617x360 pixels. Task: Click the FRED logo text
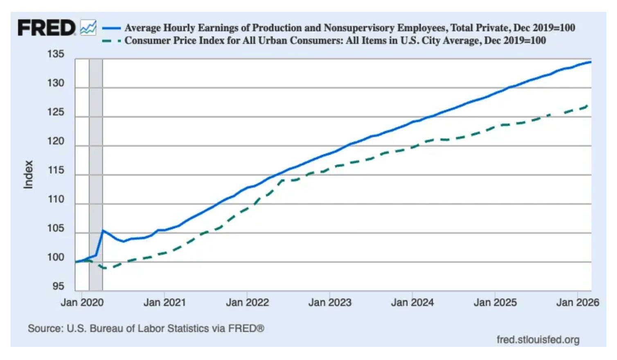pyautogui.click(x=46, y=28)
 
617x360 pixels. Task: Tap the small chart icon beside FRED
pyautogui.click(x=88, y=27)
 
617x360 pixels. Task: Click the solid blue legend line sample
pyautogui.click(x=111, y=28)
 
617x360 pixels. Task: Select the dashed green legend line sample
pyautogui.click(x=111, y=41)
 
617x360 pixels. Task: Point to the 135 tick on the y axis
pyautogui.click(x=56, y=54)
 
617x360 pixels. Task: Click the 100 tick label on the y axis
pyautogui.click(x=56, y=257)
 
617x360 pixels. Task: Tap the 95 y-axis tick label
pyautogui.click(x=58, y=286)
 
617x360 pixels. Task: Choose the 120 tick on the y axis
pyautogui.click(x=56, y=141)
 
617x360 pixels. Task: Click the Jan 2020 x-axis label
pyautogui.click(x=82, y=303)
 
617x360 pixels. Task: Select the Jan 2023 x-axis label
pyautogui.click(x=330, y=303)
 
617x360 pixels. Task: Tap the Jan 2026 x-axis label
pyautogui.click(x=577, y=303)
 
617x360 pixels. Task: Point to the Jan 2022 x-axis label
pyautogui.click(x=247, y=303)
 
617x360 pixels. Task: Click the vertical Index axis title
pyautogui.click(x=28, y=174)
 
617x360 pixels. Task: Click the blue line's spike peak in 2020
pyautogui.click(x=103, y=231)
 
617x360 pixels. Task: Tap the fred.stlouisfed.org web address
pyautogui.click(x=538, y=340)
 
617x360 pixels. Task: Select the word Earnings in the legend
pyautogui.click(x=218, y=28)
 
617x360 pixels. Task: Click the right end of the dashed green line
pyautogui.click(x=588, y=106)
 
